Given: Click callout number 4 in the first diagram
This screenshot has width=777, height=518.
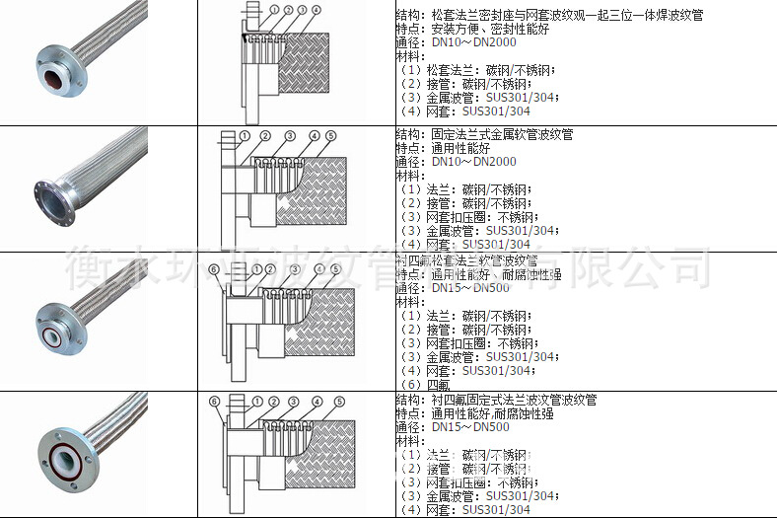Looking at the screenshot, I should tap(316, 11).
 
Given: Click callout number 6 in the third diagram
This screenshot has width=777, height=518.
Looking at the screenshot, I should tap(213, 268).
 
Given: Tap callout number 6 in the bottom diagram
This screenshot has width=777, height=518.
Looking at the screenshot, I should tap(214, 401).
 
